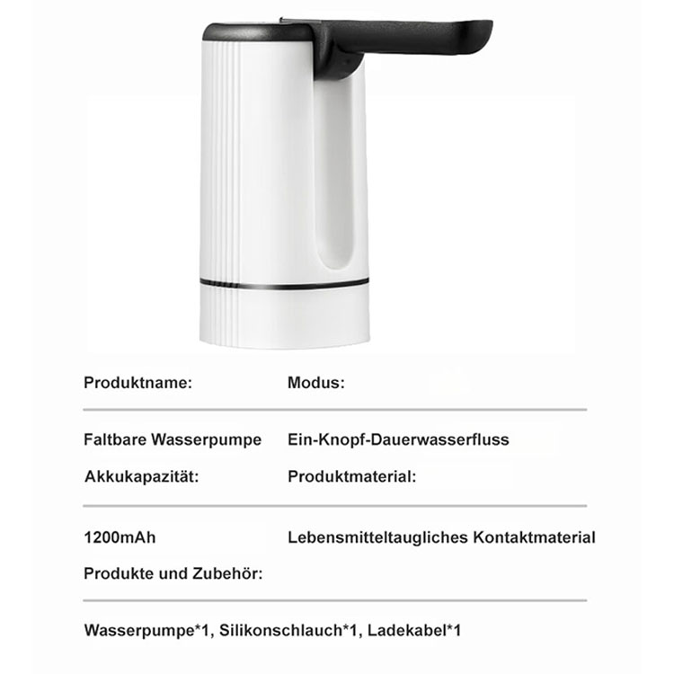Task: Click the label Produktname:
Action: pos(137,382)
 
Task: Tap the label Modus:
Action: pos(315,382)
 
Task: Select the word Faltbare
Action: pos(115,439)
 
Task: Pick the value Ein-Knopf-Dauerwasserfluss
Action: pos(398,439)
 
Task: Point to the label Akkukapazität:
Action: pos(141,476)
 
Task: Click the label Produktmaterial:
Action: pos(351,476)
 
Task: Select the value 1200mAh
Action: pos(120,538)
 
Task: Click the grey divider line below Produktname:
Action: pos(334,410)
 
